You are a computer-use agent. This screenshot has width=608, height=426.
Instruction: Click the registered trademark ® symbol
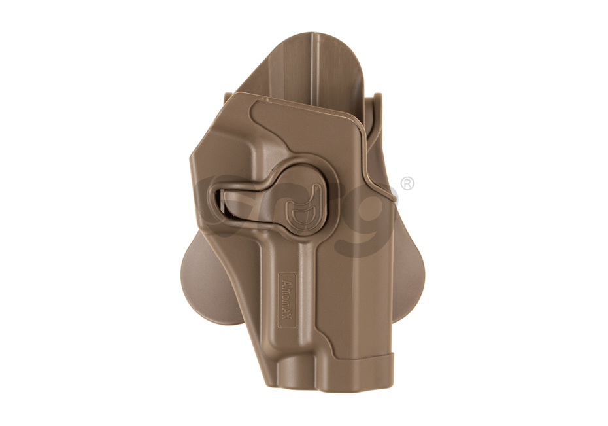407,184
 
